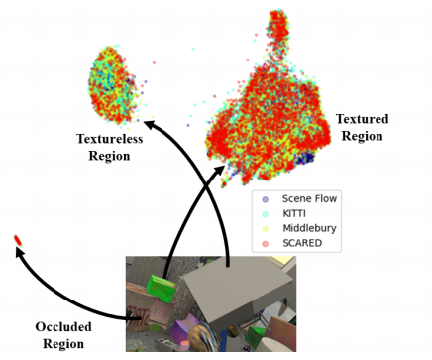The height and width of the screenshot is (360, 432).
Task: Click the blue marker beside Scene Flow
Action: tap(265, 198)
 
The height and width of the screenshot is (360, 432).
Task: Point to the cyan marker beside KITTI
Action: tap(265, 213)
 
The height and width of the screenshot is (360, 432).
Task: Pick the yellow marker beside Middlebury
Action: tap(265, 228)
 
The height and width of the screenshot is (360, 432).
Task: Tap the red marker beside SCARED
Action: tap(265, 243)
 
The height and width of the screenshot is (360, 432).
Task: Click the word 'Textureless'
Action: tap(110, 140)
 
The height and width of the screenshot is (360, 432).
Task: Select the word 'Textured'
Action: tap(362, 119)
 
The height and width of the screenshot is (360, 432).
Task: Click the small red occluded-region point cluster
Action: tap(17, 240)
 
